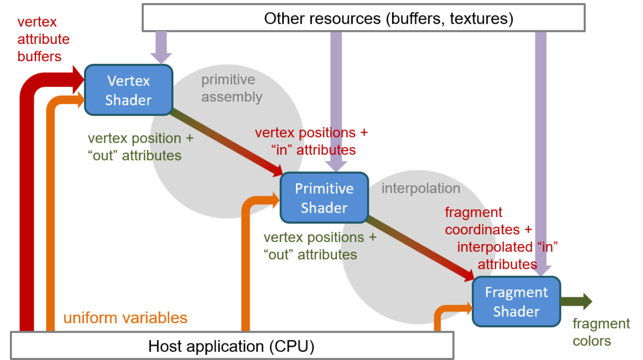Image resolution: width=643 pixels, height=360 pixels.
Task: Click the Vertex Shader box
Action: coord(129,90)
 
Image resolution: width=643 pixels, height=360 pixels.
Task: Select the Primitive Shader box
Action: coord(324,198)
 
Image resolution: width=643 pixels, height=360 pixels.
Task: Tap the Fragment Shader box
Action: coord(516,302)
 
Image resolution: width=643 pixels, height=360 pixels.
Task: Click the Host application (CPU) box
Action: coord(232,346)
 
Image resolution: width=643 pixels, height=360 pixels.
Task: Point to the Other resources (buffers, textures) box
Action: coord(363,18)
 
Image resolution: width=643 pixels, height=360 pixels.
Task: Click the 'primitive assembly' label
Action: coord(231,88)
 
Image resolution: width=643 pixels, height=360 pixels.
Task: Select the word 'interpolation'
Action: coord(421,188)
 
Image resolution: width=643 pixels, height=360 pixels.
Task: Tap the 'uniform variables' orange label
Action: coord(125,318)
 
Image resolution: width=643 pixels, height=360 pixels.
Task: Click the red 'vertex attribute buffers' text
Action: coord(43,39)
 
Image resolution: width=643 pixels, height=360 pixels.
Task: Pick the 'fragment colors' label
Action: coord(600,332)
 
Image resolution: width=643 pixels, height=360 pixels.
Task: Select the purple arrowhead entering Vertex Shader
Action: coord(161,57)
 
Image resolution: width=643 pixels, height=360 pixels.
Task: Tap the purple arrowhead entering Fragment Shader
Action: coord(541,270)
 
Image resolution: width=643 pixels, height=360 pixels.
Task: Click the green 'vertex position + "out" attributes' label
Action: coord(140,147)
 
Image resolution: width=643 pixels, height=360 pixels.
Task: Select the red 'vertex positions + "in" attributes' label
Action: coord(311,141)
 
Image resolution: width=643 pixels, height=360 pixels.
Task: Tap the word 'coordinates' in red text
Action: coord(482,230)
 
